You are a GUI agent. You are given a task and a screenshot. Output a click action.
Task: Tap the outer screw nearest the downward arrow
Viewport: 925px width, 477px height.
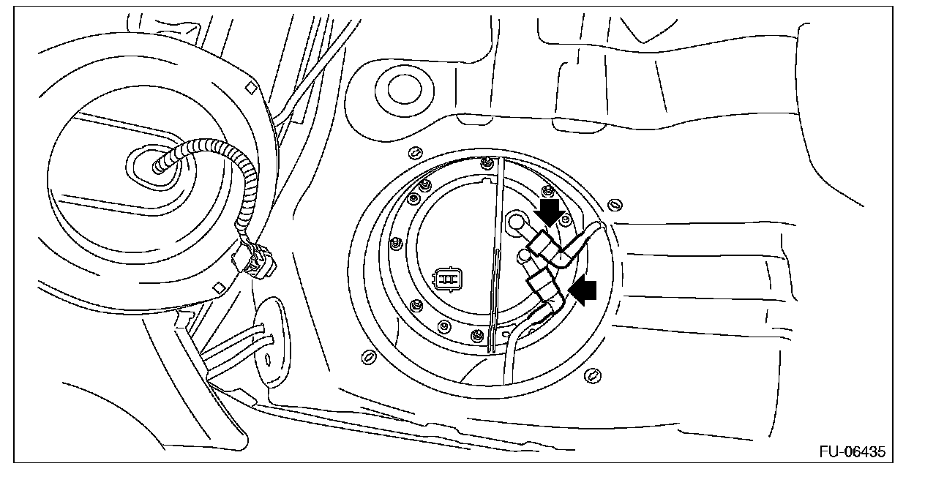click(615, 203)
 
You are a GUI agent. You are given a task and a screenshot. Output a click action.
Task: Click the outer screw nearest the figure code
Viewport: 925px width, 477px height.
click(593, 376)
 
